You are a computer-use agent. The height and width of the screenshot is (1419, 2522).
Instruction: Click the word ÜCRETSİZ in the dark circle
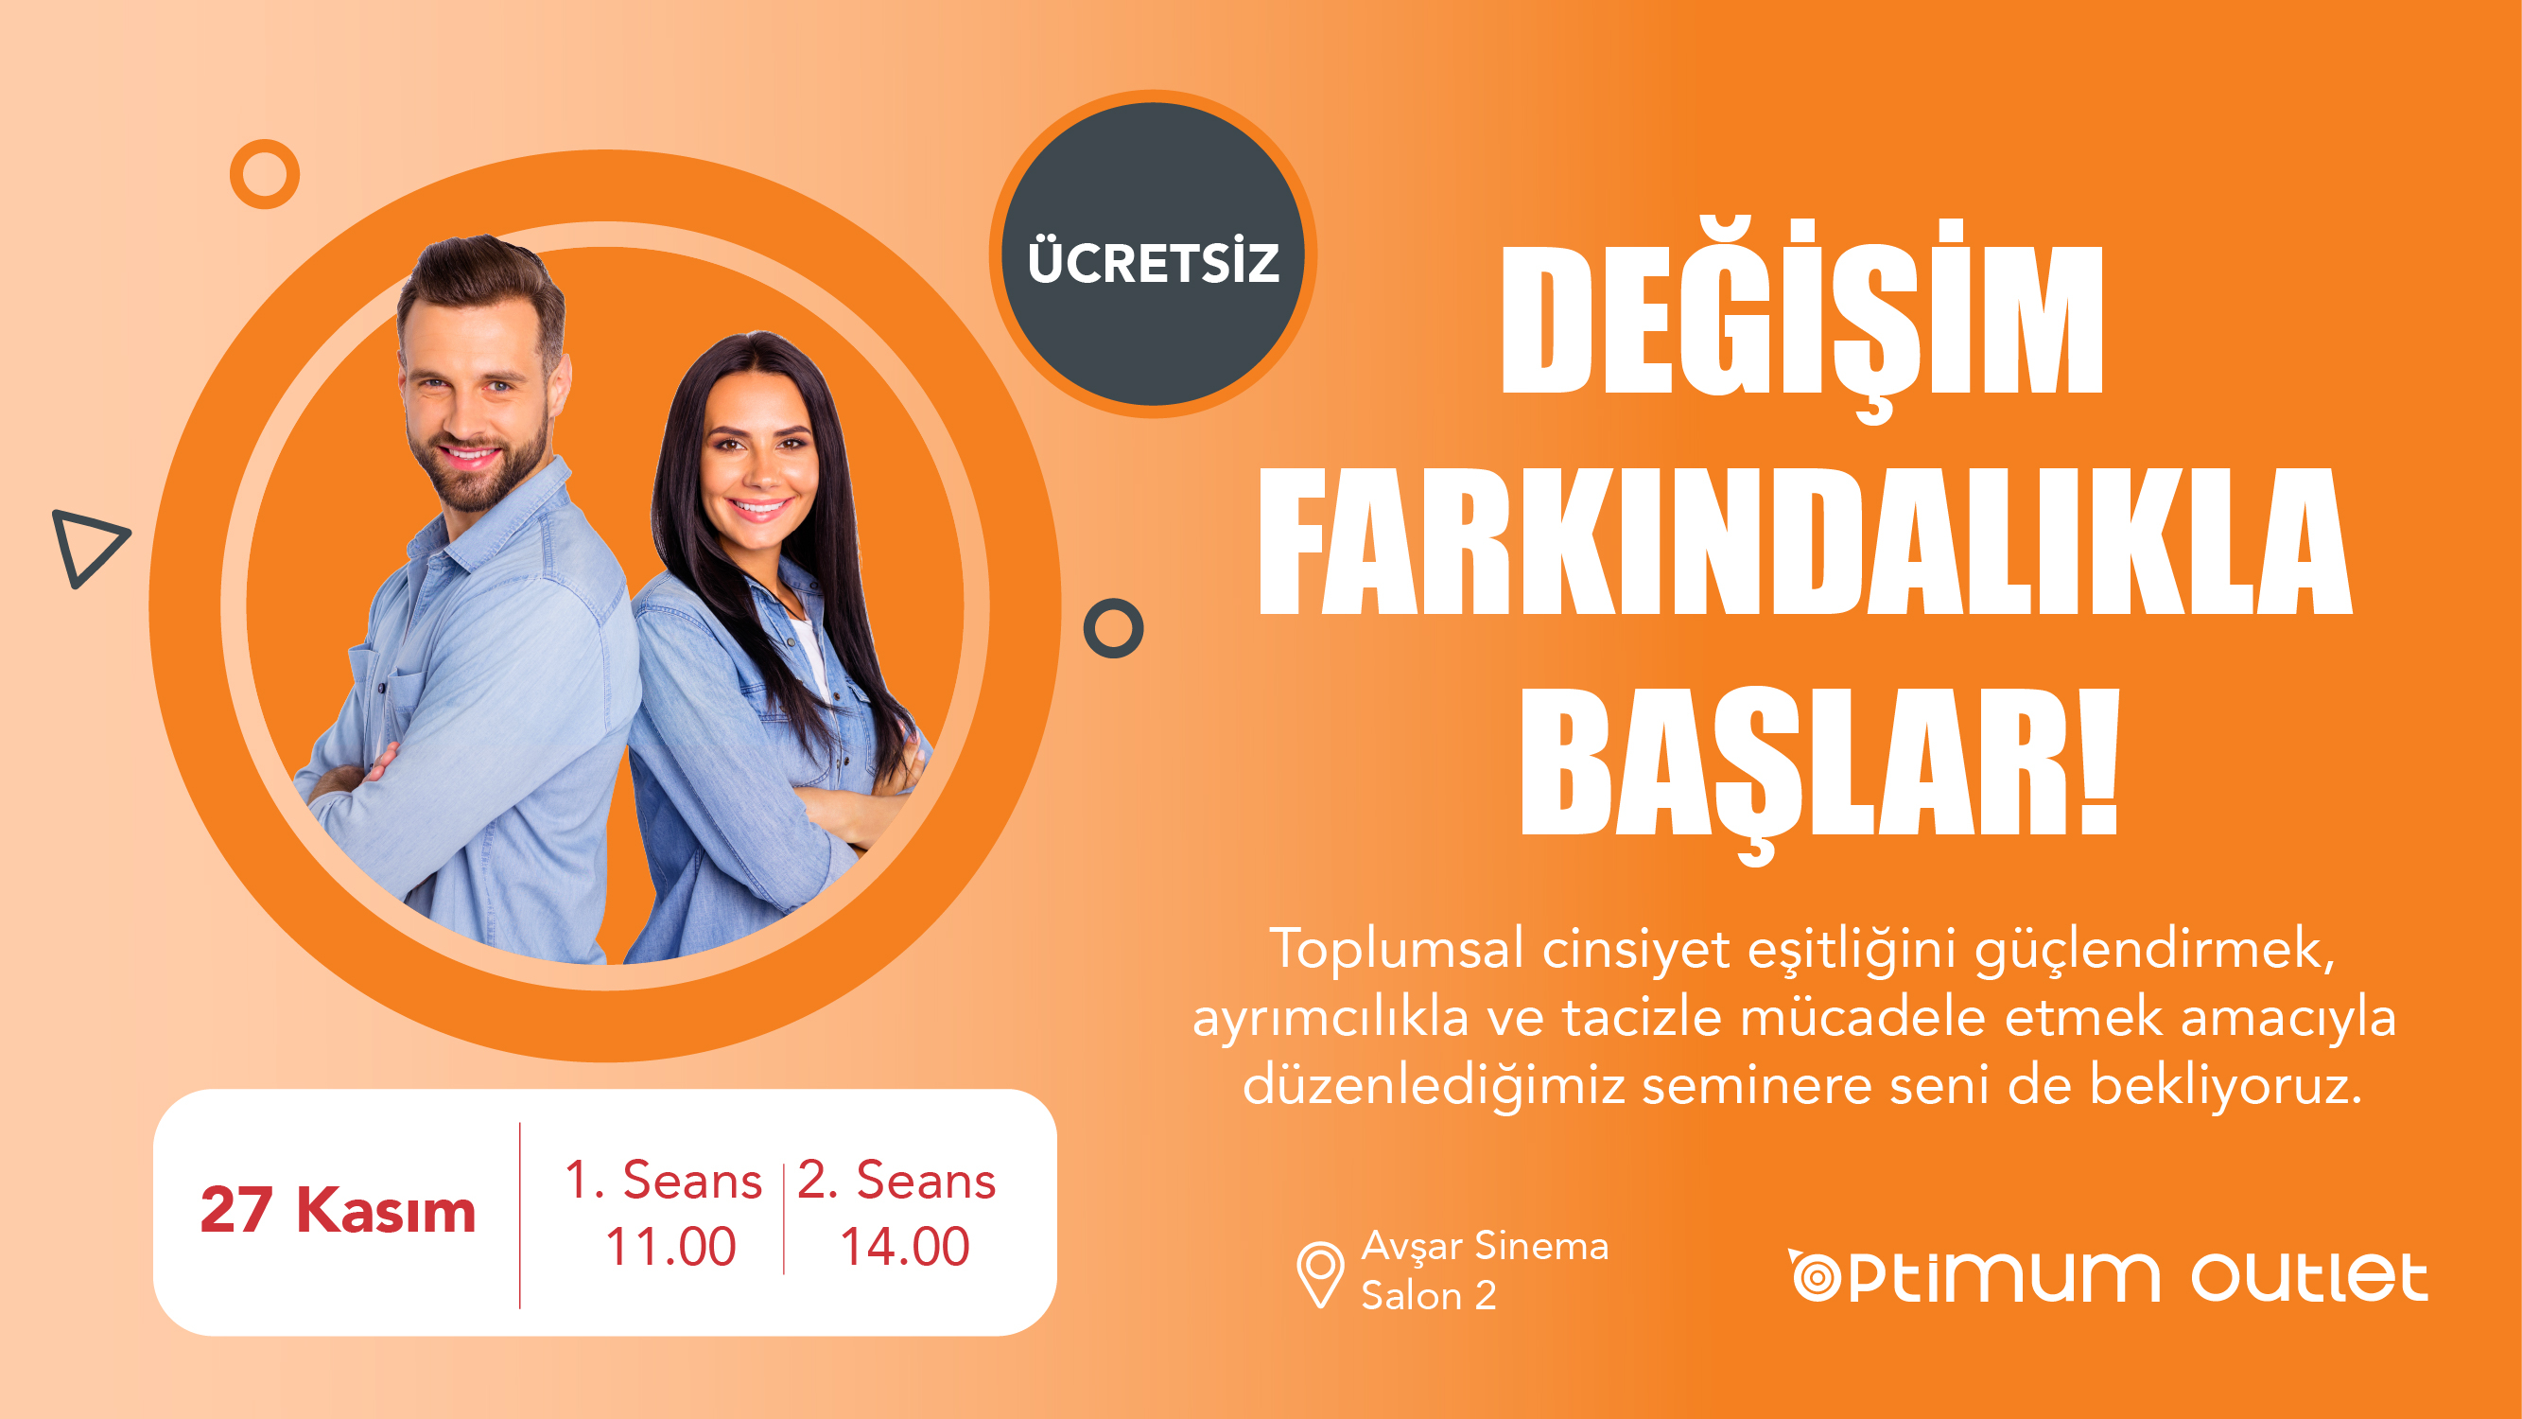coord(1154,262)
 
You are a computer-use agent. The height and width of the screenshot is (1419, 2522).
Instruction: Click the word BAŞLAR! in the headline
coord(1819,763)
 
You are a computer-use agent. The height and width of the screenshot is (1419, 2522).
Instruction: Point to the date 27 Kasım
coord(338,1211)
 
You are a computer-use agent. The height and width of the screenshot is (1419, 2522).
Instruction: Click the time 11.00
coord(670,1247)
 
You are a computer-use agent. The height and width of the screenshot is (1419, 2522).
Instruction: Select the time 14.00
coord(905,1247)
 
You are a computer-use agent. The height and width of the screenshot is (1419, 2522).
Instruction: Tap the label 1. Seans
coord(663,1180)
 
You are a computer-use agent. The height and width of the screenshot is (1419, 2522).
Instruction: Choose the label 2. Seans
coord(896,1180)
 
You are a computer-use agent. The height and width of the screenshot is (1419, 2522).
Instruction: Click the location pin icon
coord(1320,1272)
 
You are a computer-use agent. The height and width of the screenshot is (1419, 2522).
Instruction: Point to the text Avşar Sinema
coord(1485,1246)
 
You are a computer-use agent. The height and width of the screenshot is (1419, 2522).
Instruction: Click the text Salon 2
coord(1429,1296)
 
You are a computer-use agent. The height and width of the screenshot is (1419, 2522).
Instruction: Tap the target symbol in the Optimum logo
coord(1818,1278)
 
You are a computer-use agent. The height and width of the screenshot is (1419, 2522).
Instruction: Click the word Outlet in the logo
coord(2308,1278)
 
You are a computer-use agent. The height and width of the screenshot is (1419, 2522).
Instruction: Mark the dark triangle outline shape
coord(87,548)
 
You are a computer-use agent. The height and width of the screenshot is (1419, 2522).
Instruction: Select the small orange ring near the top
coord(265,174)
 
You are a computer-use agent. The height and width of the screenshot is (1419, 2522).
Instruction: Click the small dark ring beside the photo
coord(1113,628)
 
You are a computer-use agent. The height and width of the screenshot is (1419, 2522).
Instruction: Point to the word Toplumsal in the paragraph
coord(1396,949)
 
